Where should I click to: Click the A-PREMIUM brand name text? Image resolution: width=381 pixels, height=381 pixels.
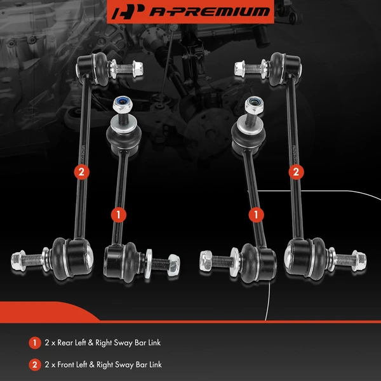pyautogui.click(x=200, y=11)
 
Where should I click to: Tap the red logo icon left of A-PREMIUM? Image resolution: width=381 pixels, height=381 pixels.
pyautogui.click(x=124, y=11)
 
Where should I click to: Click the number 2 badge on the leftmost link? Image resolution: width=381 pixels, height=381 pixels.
pyautogui.click(x=80, y=171)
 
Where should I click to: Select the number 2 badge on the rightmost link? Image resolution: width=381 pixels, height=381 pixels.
pyautogui.click(x=295, y=171)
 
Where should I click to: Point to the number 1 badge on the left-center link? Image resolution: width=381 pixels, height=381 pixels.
pyautogui.click(x=116, y=215)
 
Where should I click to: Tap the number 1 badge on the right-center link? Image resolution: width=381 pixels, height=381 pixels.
pyautogui.click(x=257, y=215)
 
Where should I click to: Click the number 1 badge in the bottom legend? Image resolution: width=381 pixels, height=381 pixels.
pyautogui.click(x=34, y=343)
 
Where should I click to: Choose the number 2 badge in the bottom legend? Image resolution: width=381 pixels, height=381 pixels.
pyautogui.click(x=34, y=364)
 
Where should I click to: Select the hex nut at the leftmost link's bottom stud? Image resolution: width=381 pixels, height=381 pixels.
pyautogui.click(x=19, y=261)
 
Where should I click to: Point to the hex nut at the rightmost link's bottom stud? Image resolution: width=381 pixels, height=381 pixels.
pyautogui.click(x=358, y=260)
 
